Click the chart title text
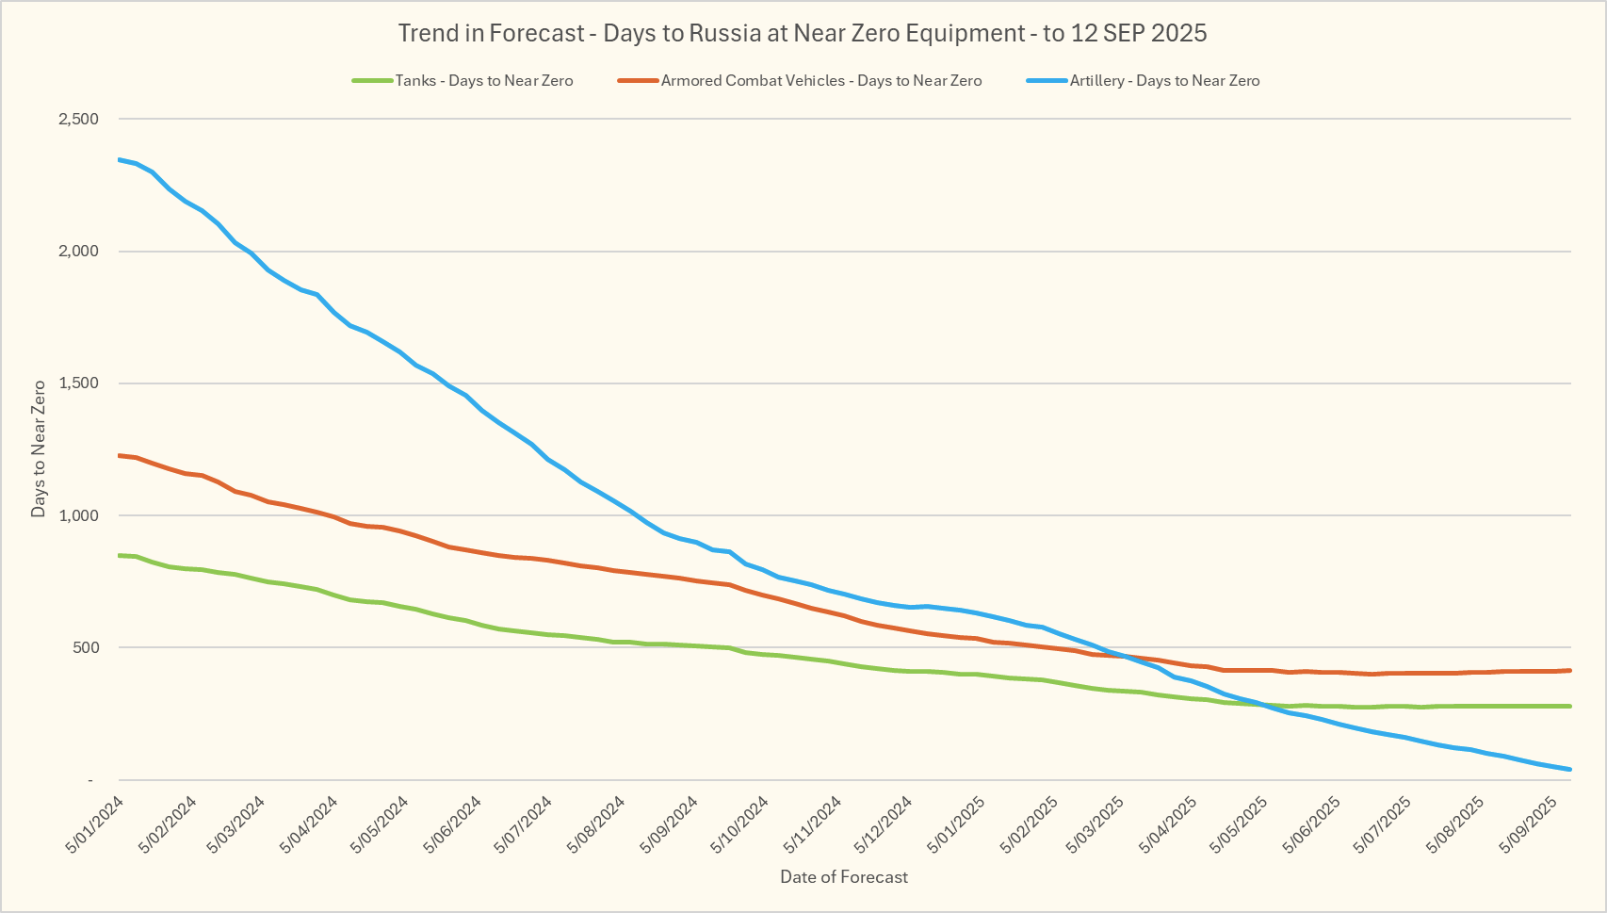[803, 33]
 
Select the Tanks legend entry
[483, 81]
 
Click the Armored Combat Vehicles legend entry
[820, 81]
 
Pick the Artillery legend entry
[1164, 81]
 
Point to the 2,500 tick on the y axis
[78, 119]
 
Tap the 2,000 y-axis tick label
[78, 252]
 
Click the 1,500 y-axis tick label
[78, 383]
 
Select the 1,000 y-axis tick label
[78, 515]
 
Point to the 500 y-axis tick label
[84, 647]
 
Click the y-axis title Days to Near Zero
[39, 448]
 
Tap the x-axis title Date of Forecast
[844, 877]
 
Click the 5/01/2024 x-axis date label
[95, 825]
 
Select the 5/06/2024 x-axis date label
[453, 825]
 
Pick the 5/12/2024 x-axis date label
[884, 825]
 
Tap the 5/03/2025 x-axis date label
[1096, 825]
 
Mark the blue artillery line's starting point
[120, 159]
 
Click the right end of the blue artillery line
[1570, 770]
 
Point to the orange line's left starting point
[120, 455]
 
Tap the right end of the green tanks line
[1570, 706]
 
